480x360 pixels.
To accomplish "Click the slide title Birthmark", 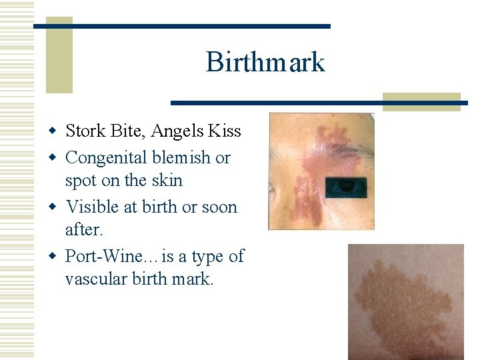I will tap(265, 63).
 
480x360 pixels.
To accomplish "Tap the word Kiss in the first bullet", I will tap(224, 131).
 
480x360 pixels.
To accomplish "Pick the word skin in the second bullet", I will tap(167, 181).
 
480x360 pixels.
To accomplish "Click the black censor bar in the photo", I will tap(346, 188).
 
